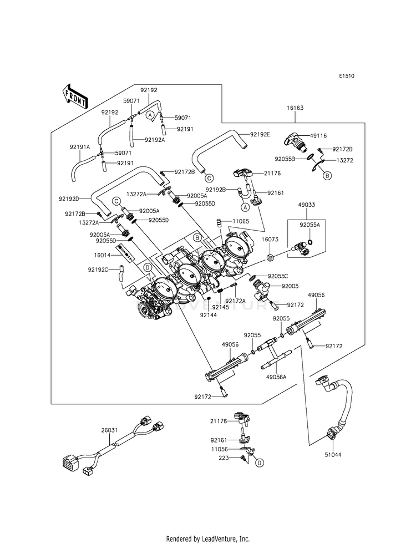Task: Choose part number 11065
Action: [241, 221]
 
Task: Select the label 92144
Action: [209, 314]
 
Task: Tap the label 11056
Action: [220, 450]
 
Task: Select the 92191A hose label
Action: [80, 147]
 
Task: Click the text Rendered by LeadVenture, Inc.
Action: [208, 538]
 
